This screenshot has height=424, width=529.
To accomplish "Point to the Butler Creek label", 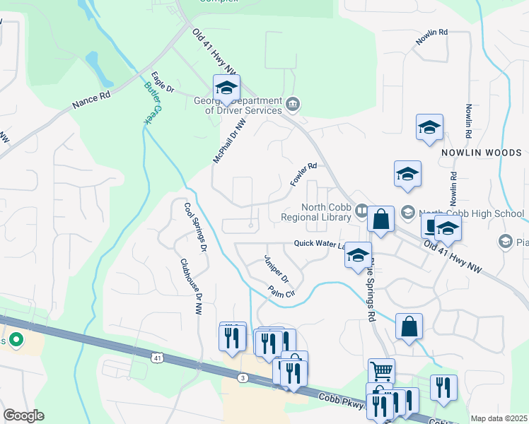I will [152, 102].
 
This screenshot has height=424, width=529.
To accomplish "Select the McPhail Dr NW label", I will [230, 141].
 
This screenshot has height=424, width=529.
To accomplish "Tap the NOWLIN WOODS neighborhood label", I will [481, 153].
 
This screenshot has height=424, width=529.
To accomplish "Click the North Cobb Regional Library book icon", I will [362, 211].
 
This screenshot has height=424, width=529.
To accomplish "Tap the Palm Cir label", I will [281, 292].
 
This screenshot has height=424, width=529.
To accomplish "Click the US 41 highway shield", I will [157, 358].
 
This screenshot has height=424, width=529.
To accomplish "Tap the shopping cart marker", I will [381, 370].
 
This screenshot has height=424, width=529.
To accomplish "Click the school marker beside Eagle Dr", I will [226, 88].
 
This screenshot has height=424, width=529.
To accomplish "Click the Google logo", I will [23, 416].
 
